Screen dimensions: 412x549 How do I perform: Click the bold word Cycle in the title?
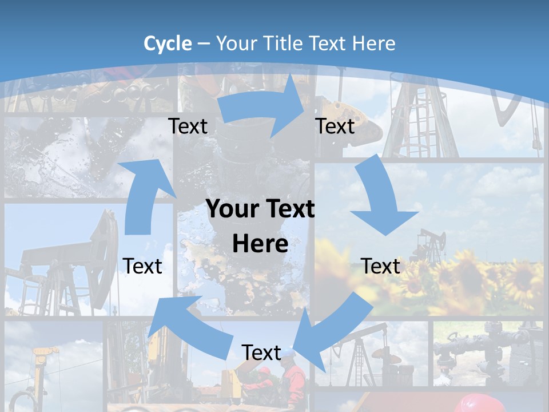click(x=168, y=43)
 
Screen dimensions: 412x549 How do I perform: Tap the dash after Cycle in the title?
click(x=204, y=44)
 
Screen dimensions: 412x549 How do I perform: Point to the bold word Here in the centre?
click(x=260, y=244)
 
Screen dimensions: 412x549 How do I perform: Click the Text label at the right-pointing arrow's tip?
click(x=335, y=126)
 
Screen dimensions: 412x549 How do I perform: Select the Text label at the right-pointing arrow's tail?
click(x=188, y=126)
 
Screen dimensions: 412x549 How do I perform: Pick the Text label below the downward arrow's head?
click(x=380, y=266)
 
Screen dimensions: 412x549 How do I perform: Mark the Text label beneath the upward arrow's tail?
click(x=142, y=266)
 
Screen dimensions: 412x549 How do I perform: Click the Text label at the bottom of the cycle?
click(x=261, y=352)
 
